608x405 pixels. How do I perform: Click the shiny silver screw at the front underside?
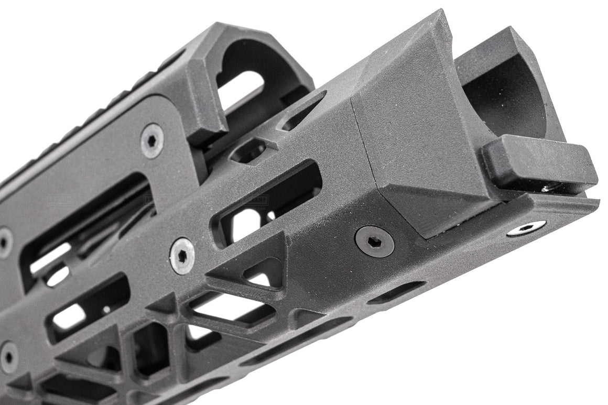[x=526, y=228]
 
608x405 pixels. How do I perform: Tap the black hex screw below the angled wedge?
[x=374, y=241]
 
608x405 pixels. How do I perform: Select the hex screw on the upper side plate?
[x=152, y=140]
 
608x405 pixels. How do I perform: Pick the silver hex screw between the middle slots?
[x=182, y=256]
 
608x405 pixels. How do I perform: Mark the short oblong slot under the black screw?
[x=396, y=292]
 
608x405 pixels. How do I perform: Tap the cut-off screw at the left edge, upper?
[x=5, y=243]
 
